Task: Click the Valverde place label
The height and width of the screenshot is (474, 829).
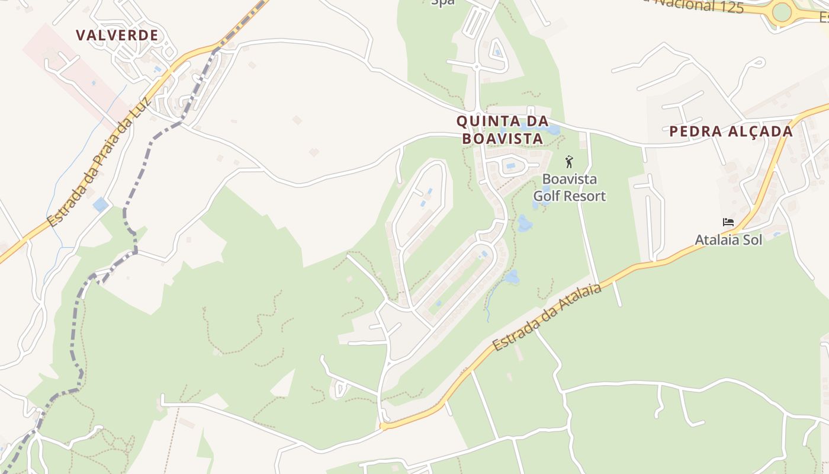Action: pos(117,36)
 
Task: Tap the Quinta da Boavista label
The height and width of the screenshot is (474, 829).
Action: pos(499,130)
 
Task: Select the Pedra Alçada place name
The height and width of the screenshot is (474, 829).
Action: pos(731,132)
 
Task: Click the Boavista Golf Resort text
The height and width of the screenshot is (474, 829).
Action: pos(570,187)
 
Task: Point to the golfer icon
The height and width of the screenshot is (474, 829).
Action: pos(569,161)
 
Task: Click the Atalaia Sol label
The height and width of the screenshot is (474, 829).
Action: pos(728,240)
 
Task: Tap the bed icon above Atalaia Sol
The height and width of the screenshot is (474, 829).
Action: pos(728,223)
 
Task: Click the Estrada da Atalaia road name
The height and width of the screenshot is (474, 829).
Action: pos(547,317)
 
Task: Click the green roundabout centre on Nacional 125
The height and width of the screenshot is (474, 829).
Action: pos(782,11)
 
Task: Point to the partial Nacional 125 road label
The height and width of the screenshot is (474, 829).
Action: pos(687,5)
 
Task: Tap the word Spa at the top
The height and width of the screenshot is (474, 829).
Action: pos(442,2)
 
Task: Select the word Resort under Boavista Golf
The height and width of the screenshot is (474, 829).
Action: pos(585,196)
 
